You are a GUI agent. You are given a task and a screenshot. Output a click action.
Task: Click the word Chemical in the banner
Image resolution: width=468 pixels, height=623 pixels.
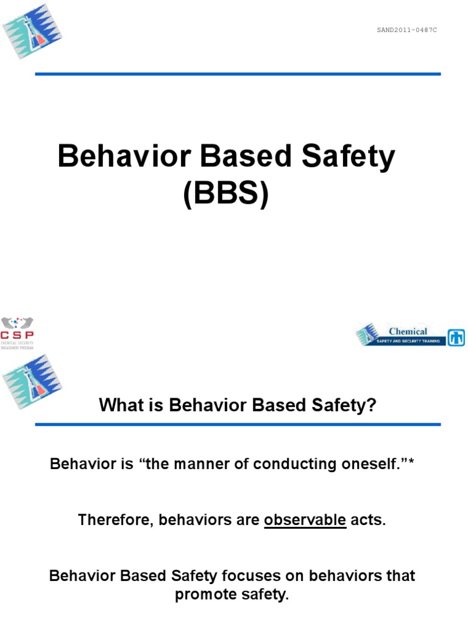[408, 332]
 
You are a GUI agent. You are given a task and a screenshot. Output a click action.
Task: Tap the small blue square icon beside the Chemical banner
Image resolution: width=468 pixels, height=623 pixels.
[456, 337]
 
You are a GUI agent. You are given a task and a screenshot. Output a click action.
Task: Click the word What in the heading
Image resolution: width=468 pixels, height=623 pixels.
[126, 405]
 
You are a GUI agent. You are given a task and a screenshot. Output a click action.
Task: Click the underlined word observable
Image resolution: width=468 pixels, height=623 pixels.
[305, 520]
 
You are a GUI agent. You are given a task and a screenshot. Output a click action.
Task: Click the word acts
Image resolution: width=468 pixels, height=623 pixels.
[368, 520]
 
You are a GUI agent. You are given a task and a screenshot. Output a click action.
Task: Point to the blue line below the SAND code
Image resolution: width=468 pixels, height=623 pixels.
[238, 74]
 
